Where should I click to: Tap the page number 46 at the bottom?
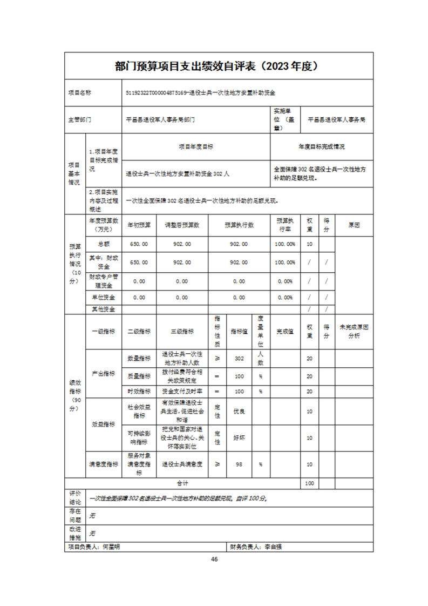(214, 559)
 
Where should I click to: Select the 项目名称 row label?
(80, 92)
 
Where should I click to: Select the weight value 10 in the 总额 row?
(309, 244)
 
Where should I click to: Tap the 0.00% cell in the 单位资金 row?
(284, 298)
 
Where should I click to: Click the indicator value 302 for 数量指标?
(239, 358)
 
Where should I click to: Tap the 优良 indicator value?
(239, 412)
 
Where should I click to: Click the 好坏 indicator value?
(239, 437)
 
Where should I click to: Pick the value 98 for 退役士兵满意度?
(239, 464)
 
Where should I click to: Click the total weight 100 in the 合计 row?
(309, 483)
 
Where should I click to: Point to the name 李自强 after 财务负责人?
(273, 547)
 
